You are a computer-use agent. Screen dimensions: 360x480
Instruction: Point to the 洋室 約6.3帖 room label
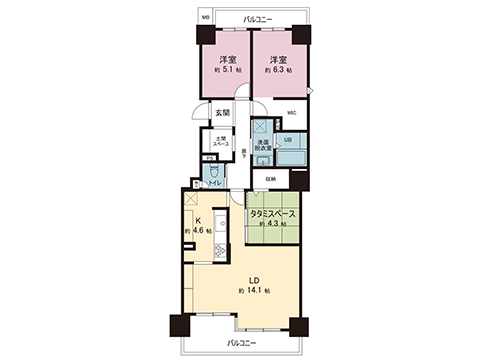click(x=280, y=65)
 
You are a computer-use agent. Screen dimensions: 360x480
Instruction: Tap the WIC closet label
click(x=290, y=113)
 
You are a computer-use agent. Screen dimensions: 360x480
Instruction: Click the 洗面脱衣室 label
click(x=260, y=147)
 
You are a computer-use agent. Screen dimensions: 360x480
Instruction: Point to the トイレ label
click(x=214, y=186)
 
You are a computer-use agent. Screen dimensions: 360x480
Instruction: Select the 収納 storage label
click(x=270, y=178)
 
